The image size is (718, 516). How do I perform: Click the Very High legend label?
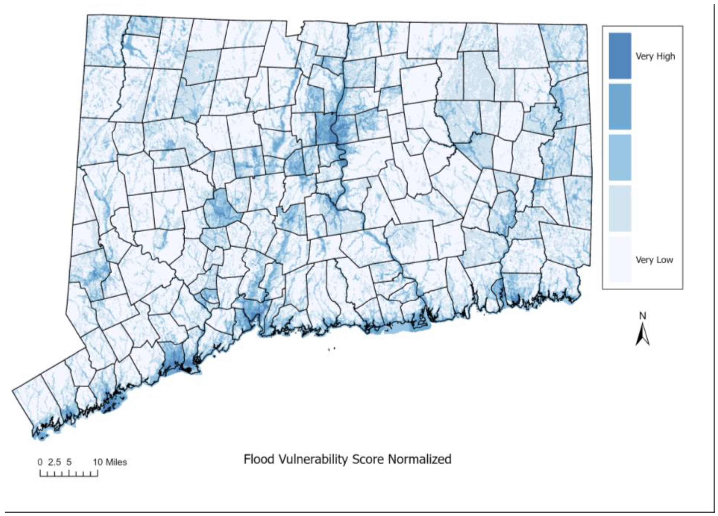pyautogui.click(x=655, y=56)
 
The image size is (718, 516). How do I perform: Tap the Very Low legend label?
pyautogui.click(x=654, y=260)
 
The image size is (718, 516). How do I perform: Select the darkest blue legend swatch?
pyautogui.click(x=620, y=55)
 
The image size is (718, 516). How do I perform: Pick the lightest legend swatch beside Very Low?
pyautogui.click(x=620, y=259)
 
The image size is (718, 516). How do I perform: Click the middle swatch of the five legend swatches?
pyautogui.click(x=620, y=157)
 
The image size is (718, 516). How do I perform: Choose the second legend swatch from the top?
pyautogui.click(x=620, y=106)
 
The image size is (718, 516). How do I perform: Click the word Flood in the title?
pyautogui.click(x=259, y=459)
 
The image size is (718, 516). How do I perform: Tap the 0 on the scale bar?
pyautogui.click(x=40, y=462)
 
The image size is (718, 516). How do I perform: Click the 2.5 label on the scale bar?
pyautogui.click(x=54, y=462)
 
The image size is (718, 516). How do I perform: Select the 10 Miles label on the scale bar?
pyautogui.click(x=110, y=462)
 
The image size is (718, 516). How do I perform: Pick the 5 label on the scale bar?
pyautogui.click(x=69, y=462)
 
